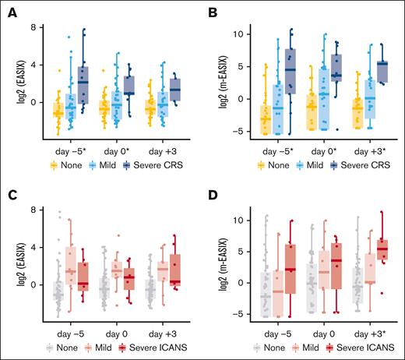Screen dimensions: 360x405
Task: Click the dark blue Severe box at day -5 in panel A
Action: pyautogui.click(x=83, y=85)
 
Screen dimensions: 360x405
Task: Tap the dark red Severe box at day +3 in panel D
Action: pyautogui.click(x=381, y=250)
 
